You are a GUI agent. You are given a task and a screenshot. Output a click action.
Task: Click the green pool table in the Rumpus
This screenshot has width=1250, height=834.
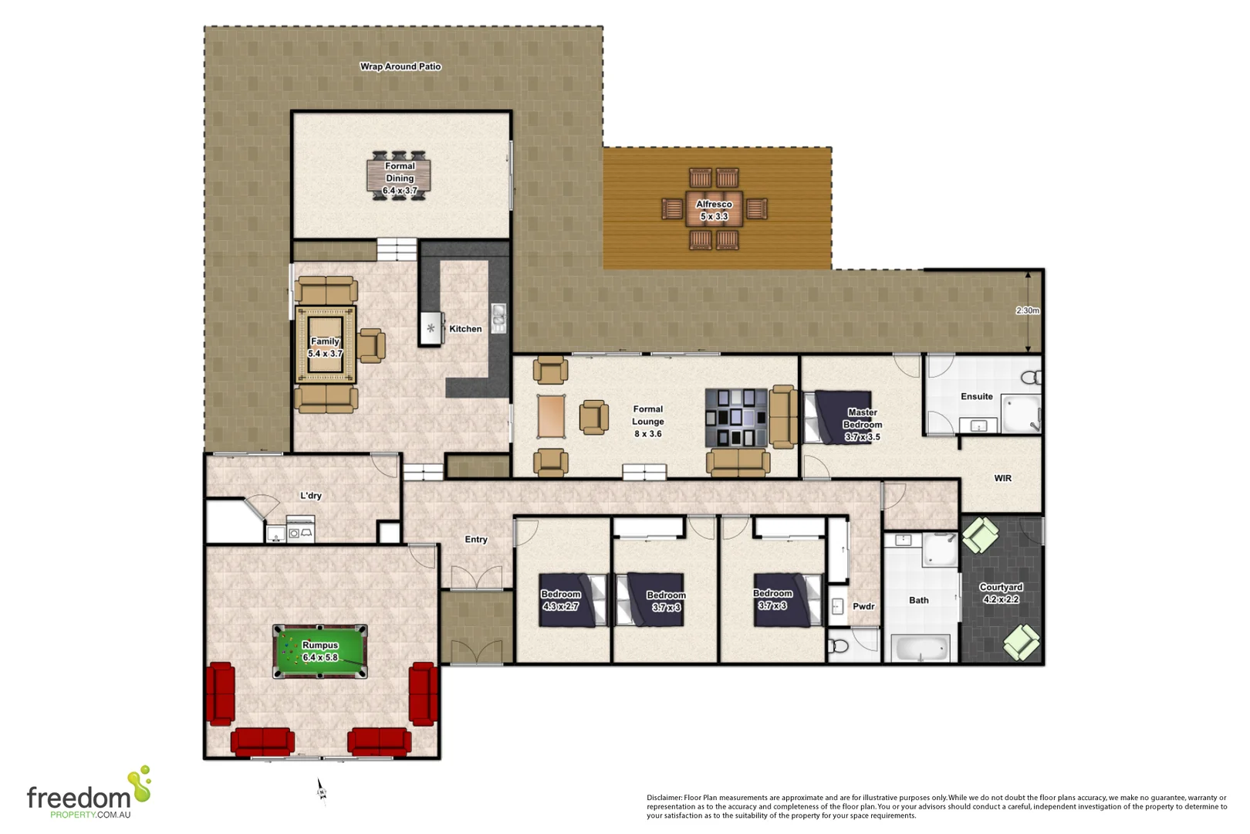pos(319,652)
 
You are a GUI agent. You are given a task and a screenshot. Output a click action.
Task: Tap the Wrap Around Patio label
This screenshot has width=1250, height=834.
pos(400,66)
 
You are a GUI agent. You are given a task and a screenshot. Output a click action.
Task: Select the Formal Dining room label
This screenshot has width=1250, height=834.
pos(400,178)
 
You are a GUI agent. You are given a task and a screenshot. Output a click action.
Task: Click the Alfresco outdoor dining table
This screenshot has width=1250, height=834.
pos(714,209)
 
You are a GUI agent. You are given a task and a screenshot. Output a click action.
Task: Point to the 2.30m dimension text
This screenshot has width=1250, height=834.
pos(1027,310)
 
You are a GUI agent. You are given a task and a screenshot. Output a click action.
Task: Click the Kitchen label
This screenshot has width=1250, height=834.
pos(465,329)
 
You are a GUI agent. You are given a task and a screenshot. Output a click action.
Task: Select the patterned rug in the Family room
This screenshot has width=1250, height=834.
pos(326,345)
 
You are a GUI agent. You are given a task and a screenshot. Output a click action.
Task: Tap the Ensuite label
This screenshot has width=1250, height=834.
pos(976,396)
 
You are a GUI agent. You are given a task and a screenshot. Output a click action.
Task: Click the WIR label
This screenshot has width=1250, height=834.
pos(1002,478)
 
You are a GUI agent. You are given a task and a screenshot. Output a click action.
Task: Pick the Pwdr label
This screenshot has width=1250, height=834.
pos(863,606)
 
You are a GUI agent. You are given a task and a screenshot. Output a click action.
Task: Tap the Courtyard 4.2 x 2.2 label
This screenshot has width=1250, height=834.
pos(1001,593)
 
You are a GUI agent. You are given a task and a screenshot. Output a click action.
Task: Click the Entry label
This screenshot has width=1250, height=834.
pos(475,540)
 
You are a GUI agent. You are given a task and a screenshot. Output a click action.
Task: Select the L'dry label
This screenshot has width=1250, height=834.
pos(310,496)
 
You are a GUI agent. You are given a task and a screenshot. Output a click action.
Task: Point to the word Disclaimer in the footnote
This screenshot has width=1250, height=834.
pos(664,798)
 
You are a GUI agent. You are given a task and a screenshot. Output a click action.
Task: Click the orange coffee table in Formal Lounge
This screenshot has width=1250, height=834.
pos(551,416)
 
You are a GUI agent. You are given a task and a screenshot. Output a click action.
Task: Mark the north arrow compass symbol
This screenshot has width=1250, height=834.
pos(321,790)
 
